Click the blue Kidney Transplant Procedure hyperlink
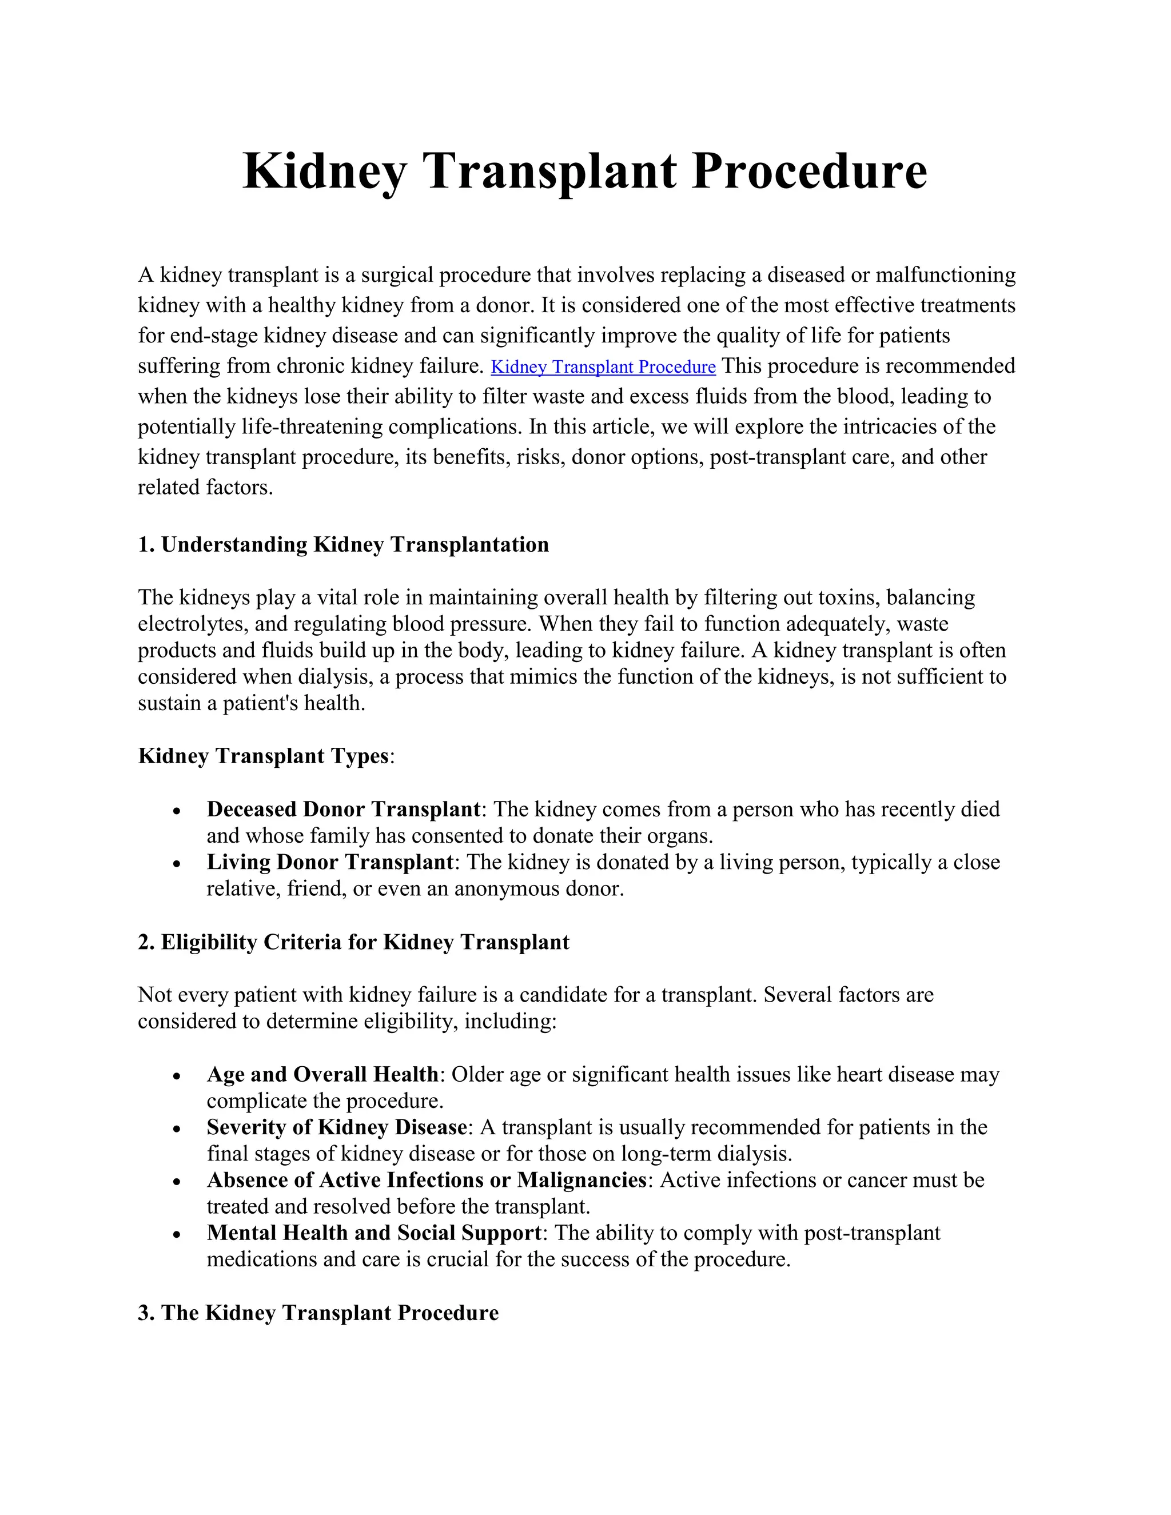[603, 367]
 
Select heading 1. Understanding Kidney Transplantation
[344, 544]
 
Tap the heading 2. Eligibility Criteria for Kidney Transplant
[353, 942]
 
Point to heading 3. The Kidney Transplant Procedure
[318, 1313]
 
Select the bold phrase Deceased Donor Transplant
[344, 809]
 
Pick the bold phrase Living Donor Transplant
[329, 862]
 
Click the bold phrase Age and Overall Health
[322, 1075]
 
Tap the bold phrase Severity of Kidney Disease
[336, 1127]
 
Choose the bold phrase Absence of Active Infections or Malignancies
[427, 1180]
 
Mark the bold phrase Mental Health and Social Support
[374, 1233]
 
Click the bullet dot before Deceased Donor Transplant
[178, 811]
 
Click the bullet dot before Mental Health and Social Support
[178, 1235]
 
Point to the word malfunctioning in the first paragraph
[946, 276]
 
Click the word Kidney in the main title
[324, 172]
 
